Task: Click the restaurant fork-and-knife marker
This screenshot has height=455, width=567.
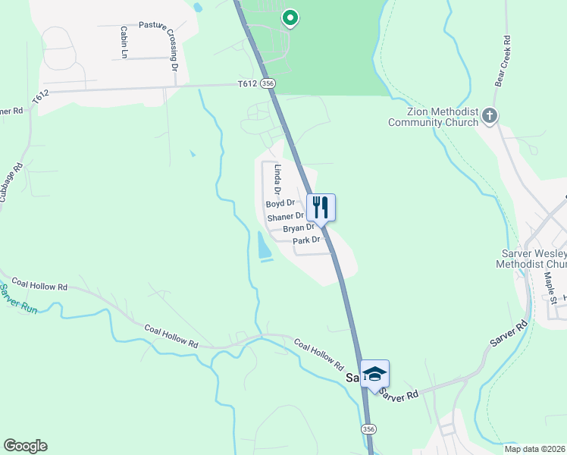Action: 321,207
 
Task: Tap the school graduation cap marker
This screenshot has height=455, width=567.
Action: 374,374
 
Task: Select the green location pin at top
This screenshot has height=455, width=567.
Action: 289,17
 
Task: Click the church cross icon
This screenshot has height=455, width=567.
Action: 490,116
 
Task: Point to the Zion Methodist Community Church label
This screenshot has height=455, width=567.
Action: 433,116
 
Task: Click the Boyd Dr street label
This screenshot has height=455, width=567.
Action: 280,204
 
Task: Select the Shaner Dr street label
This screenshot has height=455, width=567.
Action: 285,217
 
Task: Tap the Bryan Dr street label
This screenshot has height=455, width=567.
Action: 298,228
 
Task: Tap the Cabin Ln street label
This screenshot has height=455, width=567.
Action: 123,42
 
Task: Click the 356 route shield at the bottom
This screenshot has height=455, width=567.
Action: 368,429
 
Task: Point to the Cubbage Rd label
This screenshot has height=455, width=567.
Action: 10,182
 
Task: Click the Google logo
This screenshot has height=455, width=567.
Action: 25,446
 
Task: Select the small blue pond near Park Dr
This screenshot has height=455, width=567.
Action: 263,245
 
